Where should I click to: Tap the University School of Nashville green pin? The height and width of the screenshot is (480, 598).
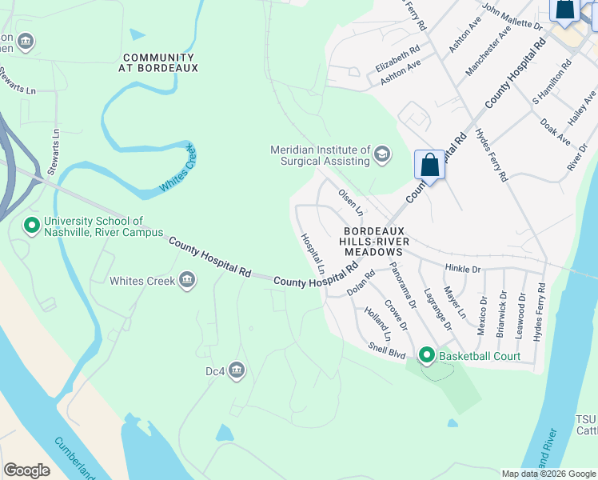point(32,226)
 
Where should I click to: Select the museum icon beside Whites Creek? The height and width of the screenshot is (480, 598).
point(187,280)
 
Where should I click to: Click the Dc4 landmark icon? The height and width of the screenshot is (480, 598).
point(237,370)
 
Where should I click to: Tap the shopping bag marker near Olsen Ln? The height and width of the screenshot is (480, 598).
point(429,166)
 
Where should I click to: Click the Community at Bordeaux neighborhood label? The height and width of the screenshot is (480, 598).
point(158,63)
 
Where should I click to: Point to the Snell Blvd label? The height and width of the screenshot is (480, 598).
point(387,349)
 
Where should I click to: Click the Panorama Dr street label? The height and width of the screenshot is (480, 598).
point(403,284)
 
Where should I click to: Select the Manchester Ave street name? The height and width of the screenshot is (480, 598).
point(487,53)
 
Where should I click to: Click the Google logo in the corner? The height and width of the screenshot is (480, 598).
point(26,470)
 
